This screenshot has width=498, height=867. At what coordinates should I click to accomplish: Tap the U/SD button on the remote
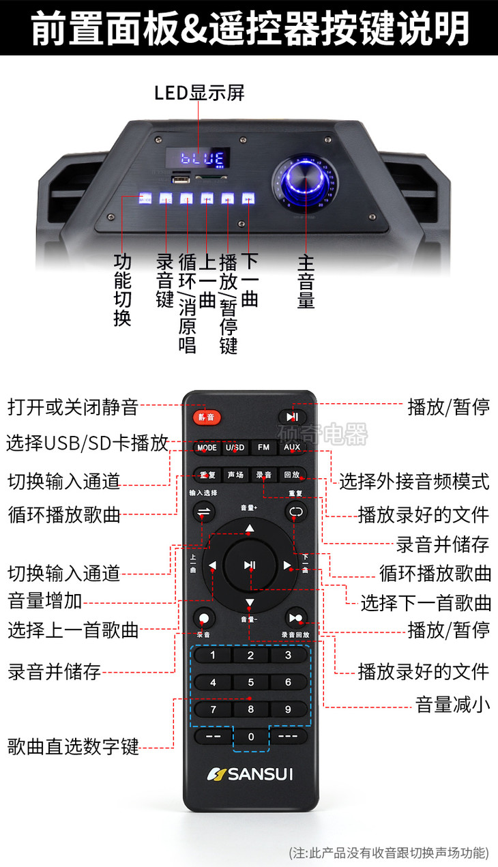click(235, 447)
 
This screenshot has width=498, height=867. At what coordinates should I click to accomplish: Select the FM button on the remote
click(263, 447)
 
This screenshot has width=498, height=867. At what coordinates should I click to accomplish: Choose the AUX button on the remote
click(292, 447)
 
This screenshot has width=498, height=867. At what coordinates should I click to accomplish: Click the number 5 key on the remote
click(250, 682)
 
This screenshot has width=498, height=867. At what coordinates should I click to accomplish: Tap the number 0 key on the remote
click(250, 737)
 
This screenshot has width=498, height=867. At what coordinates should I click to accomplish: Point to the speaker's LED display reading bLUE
click(198, 160)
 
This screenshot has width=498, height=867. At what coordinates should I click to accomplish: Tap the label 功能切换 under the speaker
click(123, 290)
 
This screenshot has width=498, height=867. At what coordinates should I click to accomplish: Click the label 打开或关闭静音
click(72, 408)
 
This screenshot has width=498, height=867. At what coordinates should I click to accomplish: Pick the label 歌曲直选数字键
click(73, 747)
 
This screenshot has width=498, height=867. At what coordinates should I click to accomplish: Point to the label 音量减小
click(453, 705)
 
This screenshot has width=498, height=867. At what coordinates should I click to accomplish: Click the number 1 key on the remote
click(213, 656)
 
